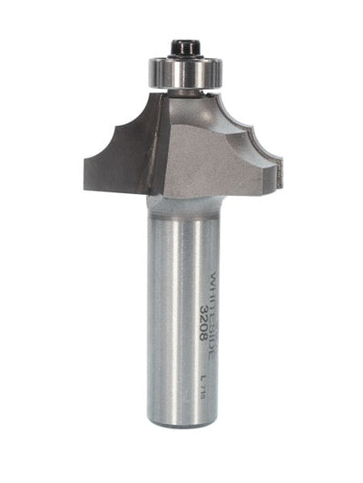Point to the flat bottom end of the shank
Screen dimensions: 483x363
tap(181, 421)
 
